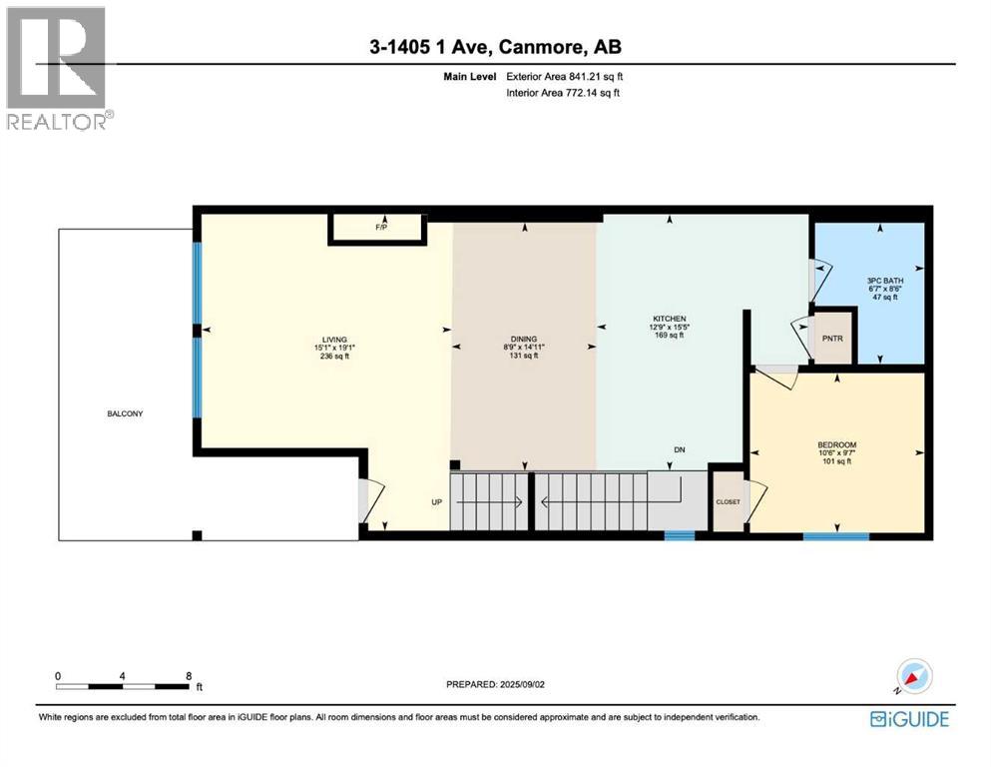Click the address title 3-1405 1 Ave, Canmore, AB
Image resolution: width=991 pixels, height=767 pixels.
click(x=495, y=46)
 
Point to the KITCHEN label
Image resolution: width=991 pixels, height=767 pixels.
click(x=670, y=320)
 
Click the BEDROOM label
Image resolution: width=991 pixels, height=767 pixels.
click(x=836, y=445)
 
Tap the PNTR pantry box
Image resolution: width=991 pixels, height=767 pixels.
click(x=832, y=340)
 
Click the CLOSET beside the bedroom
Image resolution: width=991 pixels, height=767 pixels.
click(x=728, y=501)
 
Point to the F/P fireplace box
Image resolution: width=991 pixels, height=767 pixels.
click(x=380, y=229)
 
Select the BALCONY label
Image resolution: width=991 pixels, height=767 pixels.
click(x=125, y=413)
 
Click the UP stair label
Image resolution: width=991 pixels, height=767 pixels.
click(x=436, y=501)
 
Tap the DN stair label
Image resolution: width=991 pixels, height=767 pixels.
click(x=680, y=450)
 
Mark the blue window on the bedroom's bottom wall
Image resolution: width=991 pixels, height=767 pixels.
click(x=836, y=536)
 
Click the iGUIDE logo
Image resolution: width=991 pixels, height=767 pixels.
click(x=908, y=719)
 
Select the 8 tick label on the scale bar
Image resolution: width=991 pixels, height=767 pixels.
click(x=189, y=675)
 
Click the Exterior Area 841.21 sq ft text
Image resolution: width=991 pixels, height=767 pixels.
click(x=567, y=76)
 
